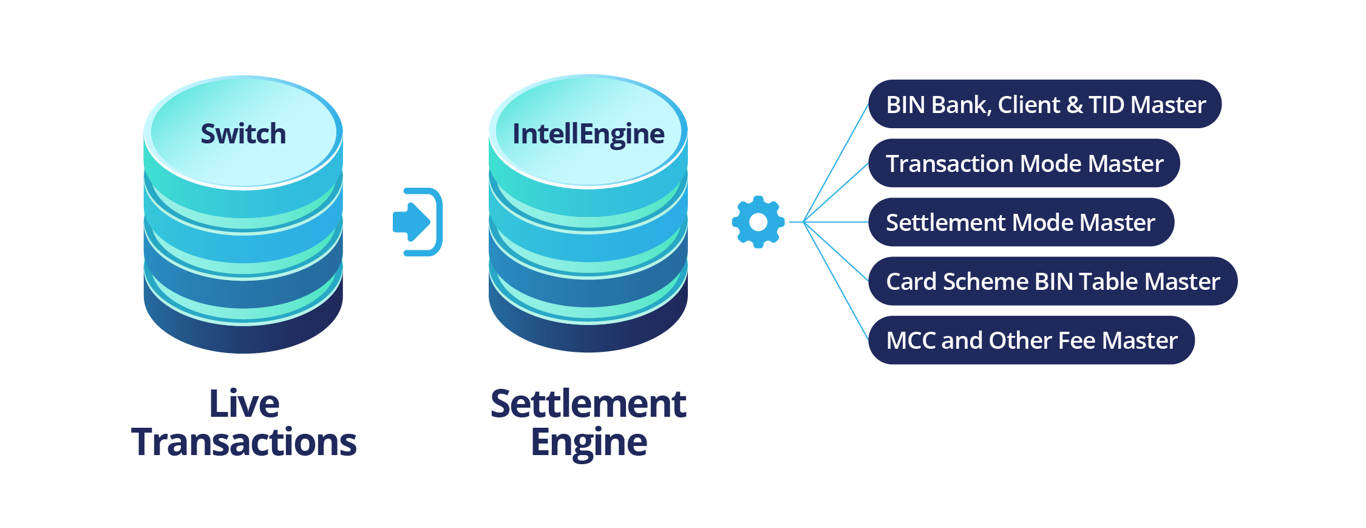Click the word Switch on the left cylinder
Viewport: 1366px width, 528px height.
pos(243,134)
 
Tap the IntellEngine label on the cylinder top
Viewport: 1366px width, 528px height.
pos(588,134)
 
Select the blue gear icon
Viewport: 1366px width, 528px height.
pos(758,222)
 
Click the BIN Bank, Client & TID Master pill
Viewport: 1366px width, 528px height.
pos(1045,105)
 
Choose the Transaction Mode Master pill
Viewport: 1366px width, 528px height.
pos(1024,163)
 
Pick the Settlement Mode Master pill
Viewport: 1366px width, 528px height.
pos(1021,222)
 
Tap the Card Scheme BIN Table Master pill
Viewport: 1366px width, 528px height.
pos(1053,281)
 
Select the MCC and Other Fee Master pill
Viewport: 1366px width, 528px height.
pos(1031,340)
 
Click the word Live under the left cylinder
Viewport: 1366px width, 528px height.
pos(244,403)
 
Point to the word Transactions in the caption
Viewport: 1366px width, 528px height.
pos(244,442)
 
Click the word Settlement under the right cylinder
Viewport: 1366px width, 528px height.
pos(588,403)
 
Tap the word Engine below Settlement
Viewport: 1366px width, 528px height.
pos(588,443)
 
